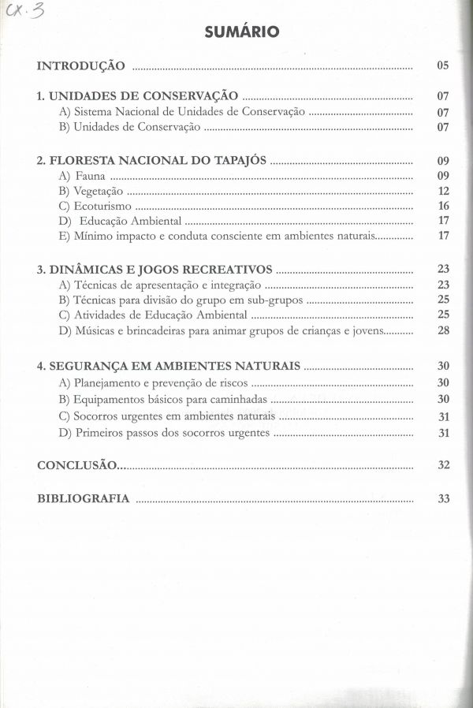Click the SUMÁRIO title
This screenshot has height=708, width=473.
(241, 32)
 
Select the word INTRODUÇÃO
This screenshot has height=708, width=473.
(80, 65)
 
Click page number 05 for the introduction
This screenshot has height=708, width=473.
(442, 65)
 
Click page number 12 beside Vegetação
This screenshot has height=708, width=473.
(443, 191)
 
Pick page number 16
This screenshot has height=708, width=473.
(443, 206)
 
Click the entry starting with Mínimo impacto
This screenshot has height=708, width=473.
(223, 236)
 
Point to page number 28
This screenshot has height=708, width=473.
(443, 330)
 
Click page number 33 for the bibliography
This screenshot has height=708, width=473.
(443, 498)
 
